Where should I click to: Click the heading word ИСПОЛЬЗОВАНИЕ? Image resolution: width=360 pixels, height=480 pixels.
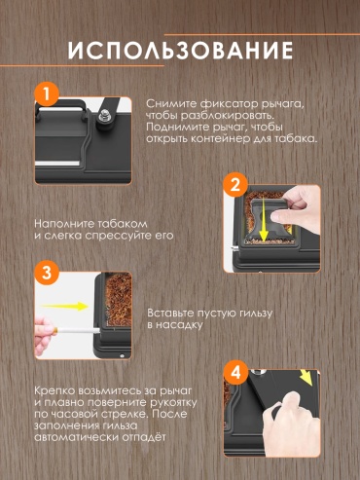181,51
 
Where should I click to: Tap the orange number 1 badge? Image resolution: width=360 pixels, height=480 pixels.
47,94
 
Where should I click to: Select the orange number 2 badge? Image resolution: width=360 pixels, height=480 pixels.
235,185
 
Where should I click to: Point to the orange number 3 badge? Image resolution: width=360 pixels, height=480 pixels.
47,273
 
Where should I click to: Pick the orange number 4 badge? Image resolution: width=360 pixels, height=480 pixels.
235,372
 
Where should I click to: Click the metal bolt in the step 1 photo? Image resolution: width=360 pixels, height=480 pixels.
104,116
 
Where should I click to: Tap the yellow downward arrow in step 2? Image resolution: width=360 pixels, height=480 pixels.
263,220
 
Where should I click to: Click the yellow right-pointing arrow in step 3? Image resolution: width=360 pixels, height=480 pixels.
65,306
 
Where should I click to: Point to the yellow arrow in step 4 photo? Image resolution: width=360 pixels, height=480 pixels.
306,378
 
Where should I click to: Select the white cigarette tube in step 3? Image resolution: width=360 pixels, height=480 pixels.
79,331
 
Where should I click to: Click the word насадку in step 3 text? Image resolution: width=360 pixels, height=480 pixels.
179,325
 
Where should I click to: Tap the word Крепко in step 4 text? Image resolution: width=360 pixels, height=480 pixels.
54,390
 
